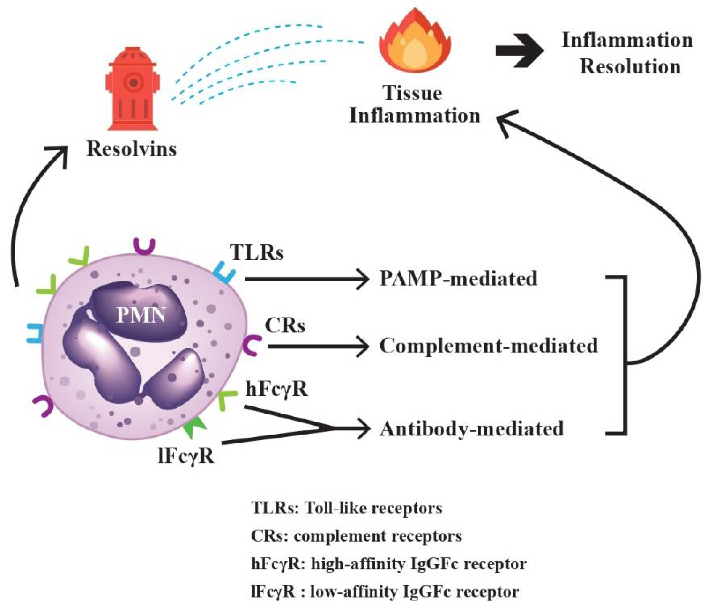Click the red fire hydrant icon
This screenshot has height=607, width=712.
click(133, 89)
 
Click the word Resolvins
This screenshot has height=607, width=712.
click(132, 149)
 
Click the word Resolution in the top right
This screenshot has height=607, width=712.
click(630, 67)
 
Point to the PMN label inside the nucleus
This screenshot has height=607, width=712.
click(141, 315)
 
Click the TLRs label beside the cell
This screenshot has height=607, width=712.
click(257, 252)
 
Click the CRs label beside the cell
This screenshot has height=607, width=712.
click(285, 325)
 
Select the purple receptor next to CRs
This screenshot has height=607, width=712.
click(251, 345)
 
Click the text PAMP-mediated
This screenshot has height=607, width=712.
click(458, 278)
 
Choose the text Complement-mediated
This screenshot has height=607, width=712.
click(489, 345)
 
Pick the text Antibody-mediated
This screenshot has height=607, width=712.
click(471, 429)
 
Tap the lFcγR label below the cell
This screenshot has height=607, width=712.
click(186, 457)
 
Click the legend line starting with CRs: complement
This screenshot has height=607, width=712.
click(356, 536)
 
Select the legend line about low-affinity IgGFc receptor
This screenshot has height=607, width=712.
click(385, 591)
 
